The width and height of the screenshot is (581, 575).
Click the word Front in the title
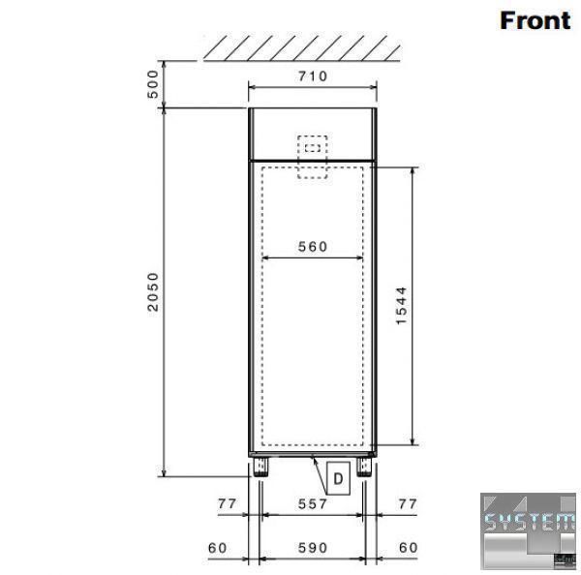click(535, 20)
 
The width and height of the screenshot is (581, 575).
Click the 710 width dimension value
click(313, 76)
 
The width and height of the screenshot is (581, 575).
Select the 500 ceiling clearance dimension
click(153, 84)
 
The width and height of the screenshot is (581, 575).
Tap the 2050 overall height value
click(153, 292)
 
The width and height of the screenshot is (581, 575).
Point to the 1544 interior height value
click(401, 306)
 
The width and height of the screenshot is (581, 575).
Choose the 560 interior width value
click(313, 247)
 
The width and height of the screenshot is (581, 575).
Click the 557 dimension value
click(313, 504)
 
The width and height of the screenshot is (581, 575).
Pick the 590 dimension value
click(313, 548)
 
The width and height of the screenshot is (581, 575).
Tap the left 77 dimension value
click(227, 504)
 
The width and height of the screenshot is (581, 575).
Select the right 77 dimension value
click(408, 504)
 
